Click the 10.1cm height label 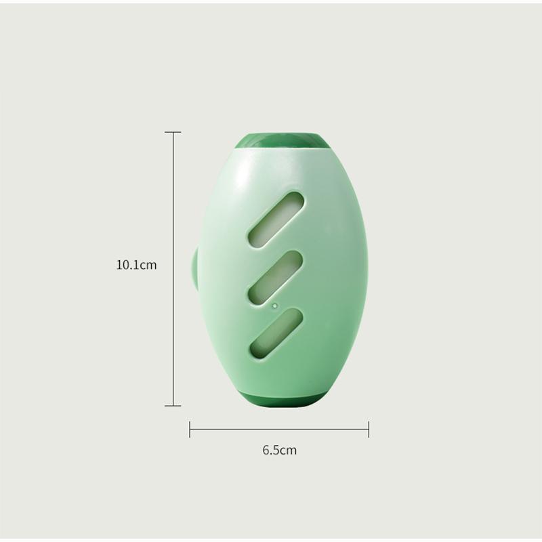(x=136, y=265)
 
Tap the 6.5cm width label (x=280, y=449)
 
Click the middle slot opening (x=274, y=276)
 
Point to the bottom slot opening (x=275, y=333)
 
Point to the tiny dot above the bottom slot (x=274, y=305)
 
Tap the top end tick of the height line (x=173, y=132)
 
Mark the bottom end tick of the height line (x=173, y=406)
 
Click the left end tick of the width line (x=190, y=428)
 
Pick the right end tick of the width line (x=369, y=428)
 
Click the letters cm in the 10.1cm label (x=148, y=265)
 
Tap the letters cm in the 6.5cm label (x=289, y=449)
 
